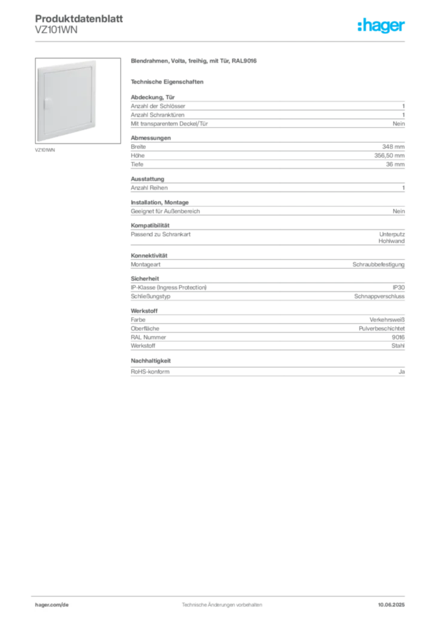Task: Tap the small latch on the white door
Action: tap(46, 104)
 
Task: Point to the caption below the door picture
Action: tap(46, 149)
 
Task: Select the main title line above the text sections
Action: tap(195, 61)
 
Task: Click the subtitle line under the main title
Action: tap(169, 81)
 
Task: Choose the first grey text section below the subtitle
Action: tap(267, 111)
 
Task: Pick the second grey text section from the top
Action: tap(267, 155)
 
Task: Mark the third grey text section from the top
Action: tap(267, 196)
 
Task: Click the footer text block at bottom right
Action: tap(394, 601)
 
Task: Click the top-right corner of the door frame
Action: tap(99, 61)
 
